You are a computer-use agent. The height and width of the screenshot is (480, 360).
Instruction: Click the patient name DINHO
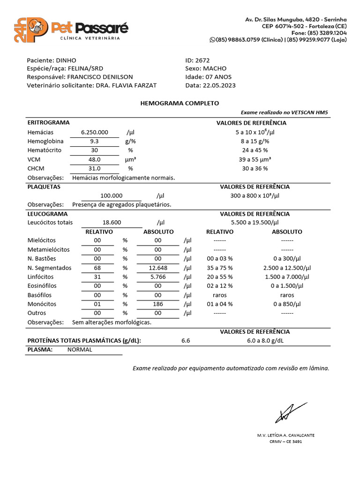pos(66,60)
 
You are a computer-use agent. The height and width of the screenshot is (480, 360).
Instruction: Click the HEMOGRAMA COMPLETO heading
pos(180,103)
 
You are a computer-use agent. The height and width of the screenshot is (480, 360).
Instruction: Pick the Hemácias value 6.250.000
pos(95,132)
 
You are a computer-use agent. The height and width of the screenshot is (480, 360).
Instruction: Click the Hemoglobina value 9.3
pos(95,141)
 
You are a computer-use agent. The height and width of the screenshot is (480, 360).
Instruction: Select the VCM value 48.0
pos(95,159)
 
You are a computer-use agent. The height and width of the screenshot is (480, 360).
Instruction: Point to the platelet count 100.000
pos(112,195)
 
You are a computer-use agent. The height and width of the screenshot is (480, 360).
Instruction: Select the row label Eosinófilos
pos(42,286)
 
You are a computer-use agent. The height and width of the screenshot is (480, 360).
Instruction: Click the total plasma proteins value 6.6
pos(186,341)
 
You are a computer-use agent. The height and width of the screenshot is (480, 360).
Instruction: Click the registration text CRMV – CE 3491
pos(285,442)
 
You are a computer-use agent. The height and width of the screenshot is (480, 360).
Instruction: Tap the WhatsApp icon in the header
pos(212,40)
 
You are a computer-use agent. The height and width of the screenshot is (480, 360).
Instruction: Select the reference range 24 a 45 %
pos(255,150)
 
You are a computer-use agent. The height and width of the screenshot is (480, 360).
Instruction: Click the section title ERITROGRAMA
pos(48,123)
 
